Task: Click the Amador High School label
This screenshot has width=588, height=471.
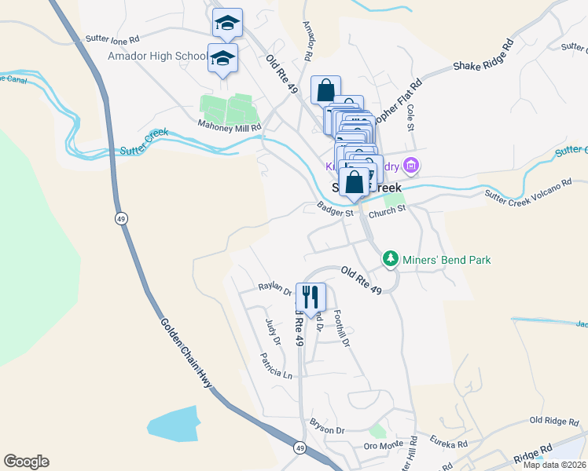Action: click(156, 57)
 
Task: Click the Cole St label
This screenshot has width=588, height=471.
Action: click(410, 115)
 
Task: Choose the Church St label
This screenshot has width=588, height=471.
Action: click(387, 210)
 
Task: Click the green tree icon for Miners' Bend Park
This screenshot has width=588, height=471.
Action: click(390, 258)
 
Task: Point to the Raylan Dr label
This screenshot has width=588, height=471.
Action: click(276, 288)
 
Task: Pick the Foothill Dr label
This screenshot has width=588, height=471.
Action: click(341, 327)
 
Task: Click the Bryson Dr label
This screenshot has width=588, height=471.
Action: click(328, 430)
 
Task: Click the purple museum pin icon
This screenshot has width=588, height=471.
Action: click(410, 165)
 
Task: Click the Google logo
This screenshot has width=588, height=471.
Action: click(26, 462)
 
